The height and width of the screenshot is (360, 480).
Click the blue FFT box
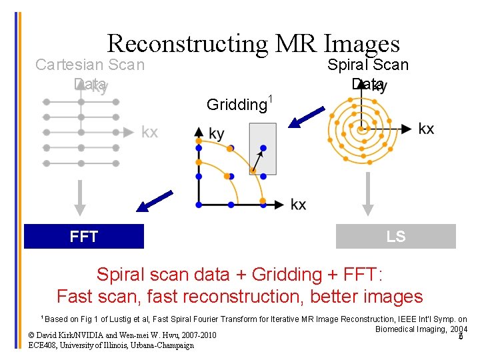tap(84, 237)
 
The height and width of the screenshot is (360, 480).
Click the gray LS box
tap(395, 237)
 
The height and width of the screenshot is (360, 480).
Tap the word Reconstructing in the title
tap(187, 43)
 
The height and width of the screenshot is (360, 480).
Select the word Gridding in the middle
tap(236, 105)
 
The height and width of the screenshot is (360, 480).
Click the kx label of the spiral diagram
tap(426, 128)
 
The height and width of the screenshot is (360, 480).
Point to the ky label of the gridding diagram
tap(216, 134)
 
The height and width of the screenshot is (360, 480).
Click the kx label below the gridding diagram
tap(299, 204)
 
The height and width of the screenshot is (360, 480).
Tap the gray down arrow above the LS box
tap(366, 197)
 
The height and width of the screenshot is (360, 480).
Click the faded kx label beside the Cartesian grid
tap(149, 132)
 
